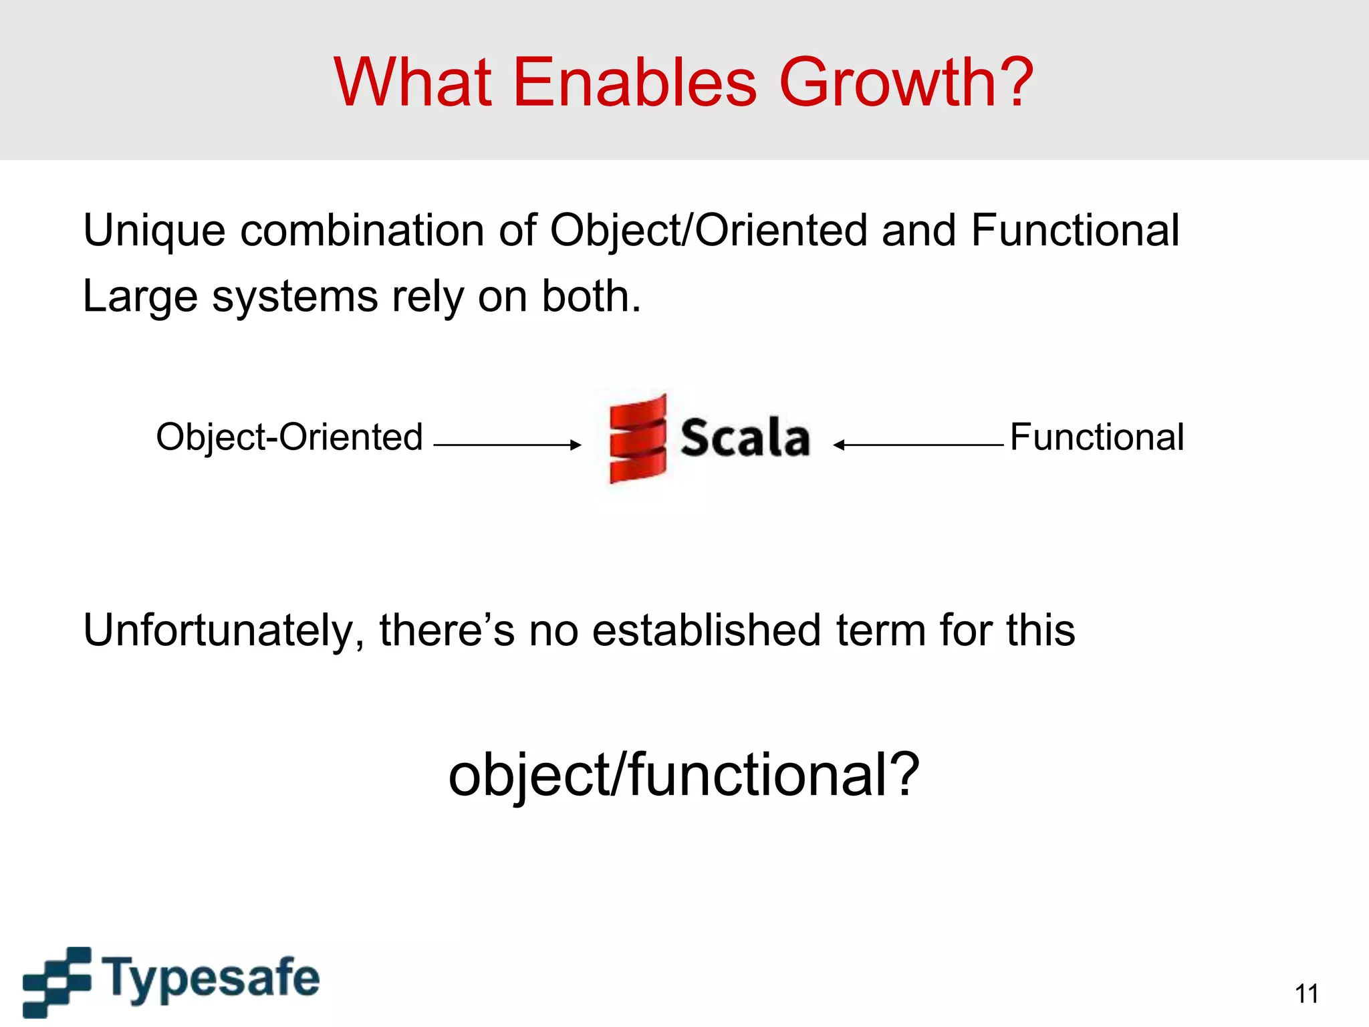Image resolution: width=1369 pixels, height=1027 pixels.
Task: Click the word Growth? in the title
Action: click(x=906, y=83)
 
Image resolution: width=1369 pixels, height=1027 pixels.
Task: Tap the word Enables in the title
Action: click(x=635, y=83)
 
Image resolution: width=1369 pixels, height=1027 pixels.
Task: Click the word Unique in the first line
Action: click(x=154, y=231)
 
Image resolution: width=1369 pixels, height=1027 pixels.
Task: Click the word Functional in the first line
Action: click(x=1075, y=231)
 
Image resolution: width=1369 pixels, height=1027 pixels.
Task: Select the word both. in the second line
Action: click(x=591, y=296)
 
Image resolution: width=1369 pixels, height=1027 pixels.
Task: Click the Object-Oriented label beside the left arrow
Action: click(x=289, y=437)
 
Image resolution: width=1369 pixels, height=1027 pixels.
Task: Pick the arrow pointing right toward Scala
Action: click(x=507, y=445)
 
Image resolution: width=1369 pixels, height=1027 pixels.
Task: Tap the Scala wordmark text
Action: click(x=745, y=438)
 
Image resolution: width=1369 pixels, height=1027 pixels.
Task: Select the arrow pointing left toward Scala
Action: click(x=918, y=445)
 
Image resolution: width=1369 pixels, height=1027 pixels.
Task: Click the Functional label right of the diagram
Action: click(x=1096, y=437)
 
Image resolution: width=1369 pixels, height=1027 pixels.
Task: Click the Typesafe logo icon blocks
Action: click(x=56, y=981)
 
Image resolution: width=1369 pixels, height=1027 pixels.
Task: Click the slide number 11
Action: click(x=1306, y=994)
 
